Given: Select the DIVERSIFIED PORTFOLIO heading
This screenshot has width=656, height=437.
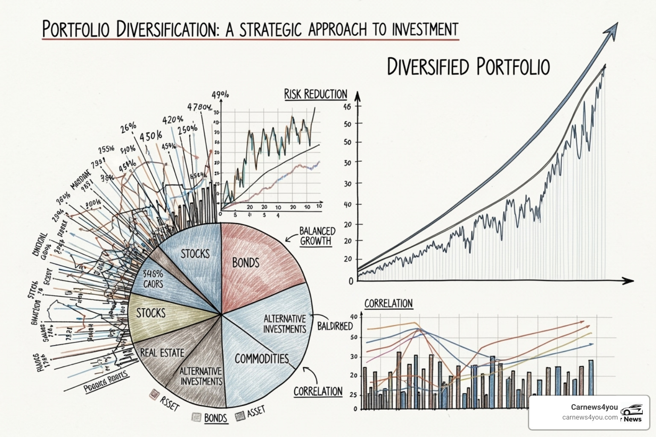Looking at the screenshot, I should click(x=468, y=67).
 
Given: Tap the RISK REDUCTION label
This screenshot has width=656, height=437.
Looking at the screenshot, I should click(x=316, y=94).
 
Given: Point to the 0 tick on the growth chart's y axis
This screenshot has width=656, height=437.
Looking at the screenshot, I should click(x=351, y=281).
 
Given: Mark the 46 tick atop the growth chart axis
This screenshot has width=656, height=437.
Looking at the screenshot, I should click(x=347, y=107).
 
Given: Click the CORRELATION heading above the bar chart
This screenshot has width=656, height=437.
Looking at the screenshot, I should click(x=388, y=303).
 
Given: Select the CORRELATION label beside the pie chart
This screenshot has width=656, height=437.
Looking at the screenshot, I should click(x=318, y=391).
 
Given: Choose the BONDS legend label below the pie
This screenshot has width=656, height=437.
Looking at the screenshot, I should click(x=215, y=417).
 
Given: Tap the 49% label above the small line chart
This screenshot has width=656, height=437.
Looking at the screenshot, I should click(x=220, y=95).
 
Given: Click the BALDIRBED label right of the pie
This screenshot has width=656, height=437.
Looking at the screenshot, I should click(x=335, y=326).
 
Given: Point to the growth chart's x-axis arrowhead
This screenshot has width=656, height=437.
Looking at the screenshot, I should click(x=628, y=280).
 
